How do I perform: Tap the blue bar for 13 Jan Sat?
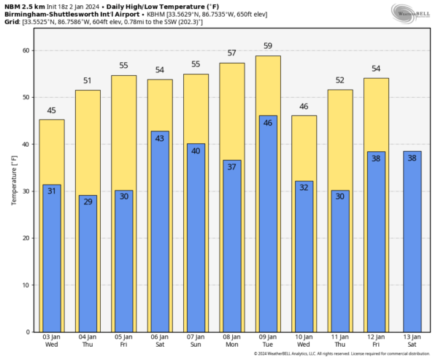pyautogui.click(x=412, y=241)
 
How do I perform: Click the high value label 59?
pyautogui.click(x=269, y=47)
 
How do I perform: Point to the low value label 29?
pyautogui.click(x=88, y=201)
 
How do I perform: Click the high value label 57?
pyautogui.click(x=232, y=53)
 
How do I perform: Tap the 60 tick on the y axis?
pyautogui.click(x=27, y=50)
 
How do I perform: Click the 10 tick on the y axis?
pyautogui.click(x=27, y=286)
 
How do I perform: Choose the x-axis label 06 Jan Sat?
pyautogui.click(x=160, y=342)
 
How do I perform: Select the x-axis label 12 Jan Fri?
pyautogui.click(x=377, y=342)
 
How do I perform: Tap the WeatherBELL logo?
pyautogui.click(x=412, y=12)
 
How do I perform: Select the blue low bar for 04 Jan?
pyautogui.click(x=88, y=263)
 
